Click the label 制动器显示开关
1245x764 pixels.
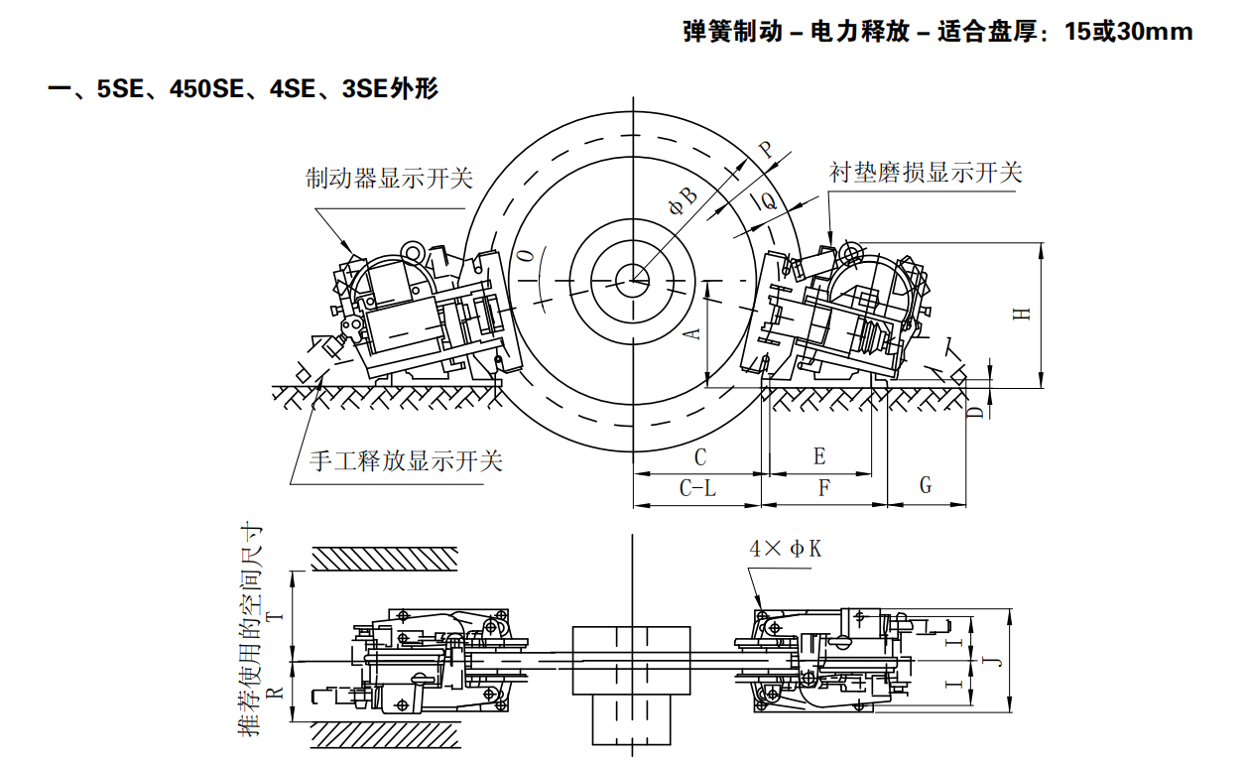click(x=389, y=179)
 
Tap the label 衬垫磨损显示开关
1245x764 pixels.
click(x=925, y=172)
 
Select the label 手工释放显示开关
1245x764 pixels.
click(x=406, y=460)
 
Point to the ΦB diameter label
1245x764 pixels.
click(x=686, y=203)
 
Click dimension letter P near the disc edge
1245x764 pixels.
click(x=766, y=150)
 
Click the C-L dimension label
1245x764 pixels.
click(x=697, y=488)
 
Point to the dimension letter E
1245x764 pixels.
click(x=819, y=456)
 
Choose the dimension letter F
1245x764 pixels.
click(x=823, y=488)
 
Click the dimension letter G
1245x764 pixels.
click(x=926, y=485)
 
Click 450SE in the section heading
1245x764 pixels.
click(x=206, y=89)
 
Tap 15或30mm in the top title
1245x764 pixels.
click(x=1128, y=32)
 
